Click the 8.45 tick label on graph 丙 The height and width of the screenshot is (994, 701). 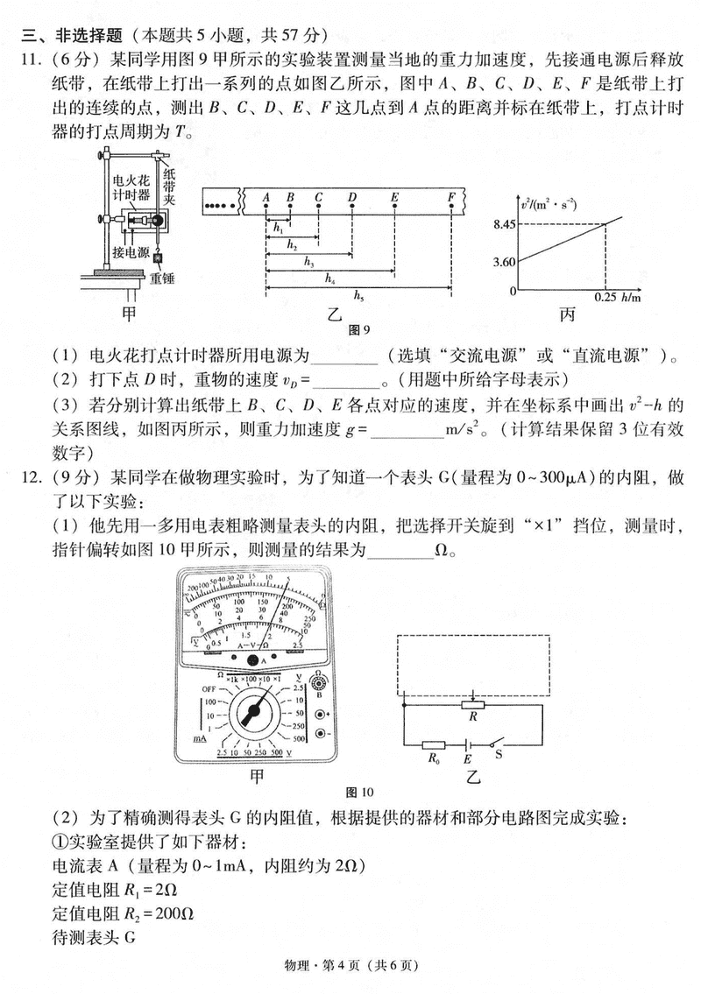tap(503, 225)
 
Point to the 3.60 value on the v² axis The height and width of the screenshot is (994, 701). tap(503, 261)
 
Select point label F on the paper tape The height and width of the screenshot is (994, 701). tap(450, 197)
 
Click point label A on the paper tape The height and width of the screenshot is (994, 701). tap(266, 197)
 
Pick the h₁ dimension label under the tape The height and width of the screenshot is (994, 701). tap(278, 228)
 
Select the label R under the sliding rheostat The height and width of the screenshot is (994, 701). tap(473, 716)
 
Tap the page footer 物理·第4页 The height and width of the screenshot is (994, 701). tap(350, 966)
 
